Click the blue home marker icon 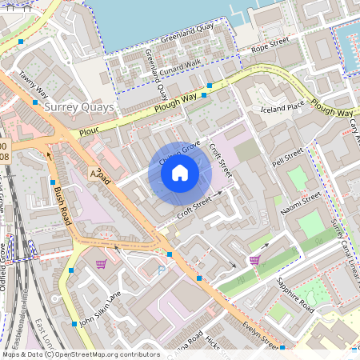pyautogui.click(x=180, y=173)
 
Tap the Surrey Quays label pyautogui.click(x=80, y=106)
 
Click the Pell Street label pyautogui.click(x=289, y=157)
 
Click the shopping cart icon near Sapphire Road pyautogui.click(x=254, y=259)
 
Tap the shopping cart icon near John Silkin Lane pyautogui.click(x=101, y=264)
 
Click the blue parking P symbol pyautogui.click(x=162, y=272)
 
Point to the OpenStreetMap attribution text pyautogui.click(x=80, y=354)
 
